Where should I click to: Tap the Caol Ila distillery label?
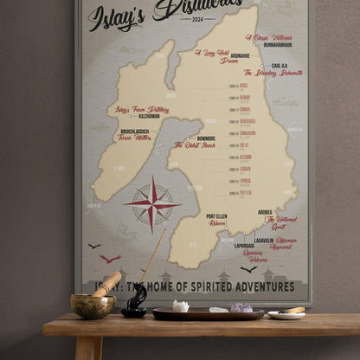279,66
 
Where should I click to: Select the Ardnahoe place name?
240,56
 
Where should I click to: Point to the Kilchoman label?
149,115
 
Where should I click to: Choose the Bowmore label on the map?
206,138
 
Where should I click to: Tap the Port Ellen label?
216,215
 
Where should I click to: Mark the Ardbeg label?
265,212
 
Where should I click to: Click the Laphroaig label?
245,245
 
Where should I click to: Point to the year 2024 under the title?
198,19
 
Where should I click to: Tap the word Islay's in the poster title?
116,15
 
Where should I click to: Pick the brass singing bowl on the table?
92,305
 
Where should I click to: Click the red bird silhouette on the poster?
110,258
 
